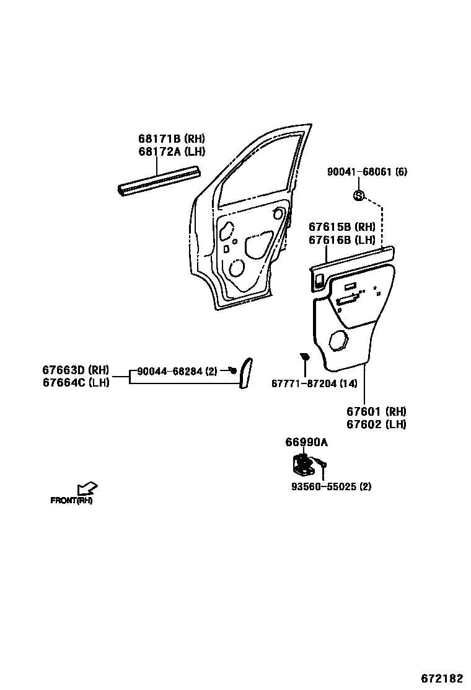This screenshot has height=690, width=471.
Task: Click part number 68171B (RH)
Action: [171, 140]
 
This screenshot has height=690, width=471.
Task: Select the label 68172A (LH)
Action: [171, 151]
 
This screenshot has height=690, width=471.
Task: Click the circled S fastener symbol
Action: [358, 196]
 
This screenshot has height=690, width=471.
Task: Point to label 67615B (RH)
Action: [342, 228]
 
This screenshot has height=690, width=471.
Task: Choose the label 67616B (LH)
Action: [342, 240]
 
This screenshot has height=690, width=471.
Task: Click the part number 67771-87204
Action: [314, 383]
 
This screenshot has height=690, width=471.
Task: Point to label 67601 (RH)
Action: [376, 412]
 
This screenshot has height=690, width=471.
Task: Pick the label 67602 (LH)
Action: [376, 424]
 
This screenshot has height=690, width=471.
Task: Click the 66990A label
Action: [306, 442]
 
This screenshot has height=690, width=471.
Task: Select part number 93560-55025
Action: [331, 486]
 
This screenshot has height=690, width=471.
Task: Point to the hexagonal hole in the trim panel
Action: [339, 341]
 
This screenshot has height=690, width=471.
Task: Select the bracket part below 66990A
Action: [302, 465]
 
